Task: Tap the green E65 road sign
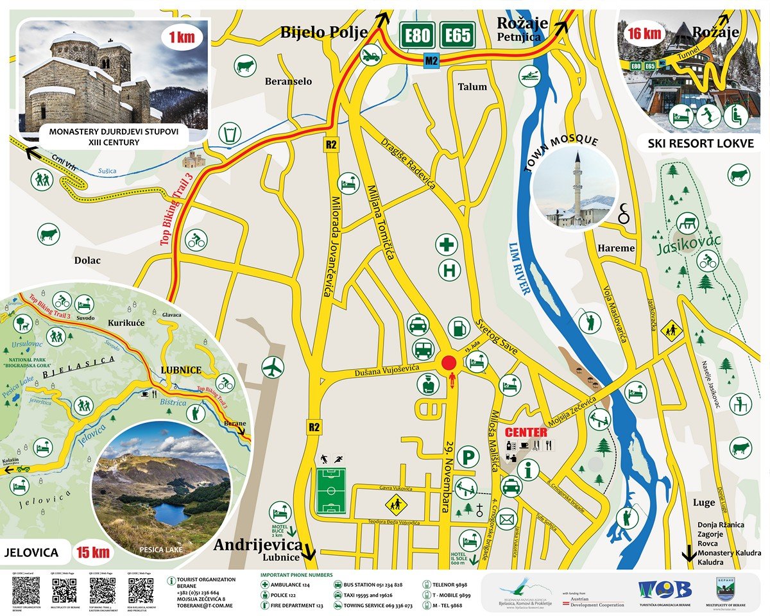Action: click(457, 36)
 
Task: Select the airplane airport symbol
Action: click(273, 367)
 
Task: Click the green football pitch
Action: click(330, 491)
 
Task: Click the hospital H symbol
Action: click(450, 269)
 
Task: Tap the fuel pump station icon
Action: click(459, 327)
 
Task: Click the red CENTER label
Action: click(526, 432)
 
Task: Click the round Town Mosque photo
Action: click(575, 187)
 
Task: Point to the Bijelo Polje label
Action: click(323, 32)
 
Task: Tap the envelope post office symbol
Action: click(507, 518)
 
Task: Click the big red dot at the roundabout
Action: click(448, 364)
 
